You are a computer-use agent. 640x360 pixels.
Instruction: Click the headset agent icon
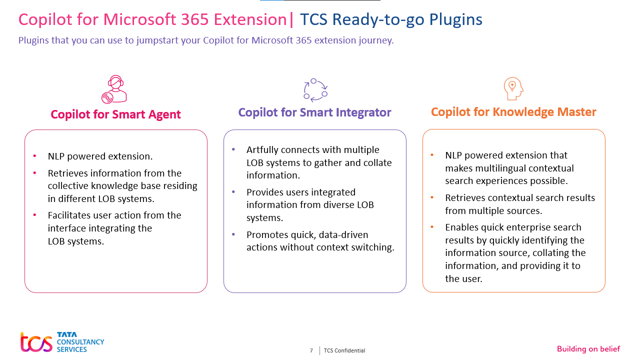(x=114, y=89)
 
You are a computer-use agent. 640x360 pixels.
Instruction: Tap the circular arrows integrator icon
(x=315, y=90)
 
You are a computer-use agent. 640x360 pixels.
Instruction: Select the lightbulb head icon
(x=513, y=88)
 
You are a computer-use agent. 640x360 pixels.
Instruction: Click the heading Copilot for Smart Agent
(x=115, y=114)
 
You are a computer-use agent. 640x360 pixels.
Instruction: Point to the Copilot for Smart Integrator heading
(x=314, y=112)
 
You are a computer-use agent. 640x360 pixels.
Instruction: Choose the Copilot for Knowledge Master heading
(x=513, y=112)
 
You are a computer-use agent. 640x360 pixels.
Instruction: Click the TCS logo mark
(x=36, y=341)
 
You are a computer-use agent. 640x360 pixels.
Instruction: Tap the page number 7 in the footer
(x=311, y=350)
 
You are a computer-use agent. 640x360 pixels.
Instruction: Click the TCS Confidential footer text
(x=344, y=350)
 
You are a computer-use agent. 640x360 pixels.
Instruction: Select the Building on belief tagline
(x=588, y=349)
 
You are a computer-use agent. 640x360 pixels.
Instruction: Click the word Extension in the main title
(x=250, y=19)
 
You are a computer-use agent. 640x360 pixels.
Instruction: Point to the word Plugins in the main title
(x=455, y=19)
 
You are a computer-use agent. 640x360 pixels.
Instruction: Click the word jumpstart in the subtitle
(x=157, y=40)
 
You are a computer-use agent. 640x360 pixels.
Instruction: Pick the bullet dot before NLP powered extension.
(x=34, y=156)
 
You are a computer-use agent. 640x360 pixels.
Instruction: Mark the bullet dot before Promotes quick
(x=233, y=234)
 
